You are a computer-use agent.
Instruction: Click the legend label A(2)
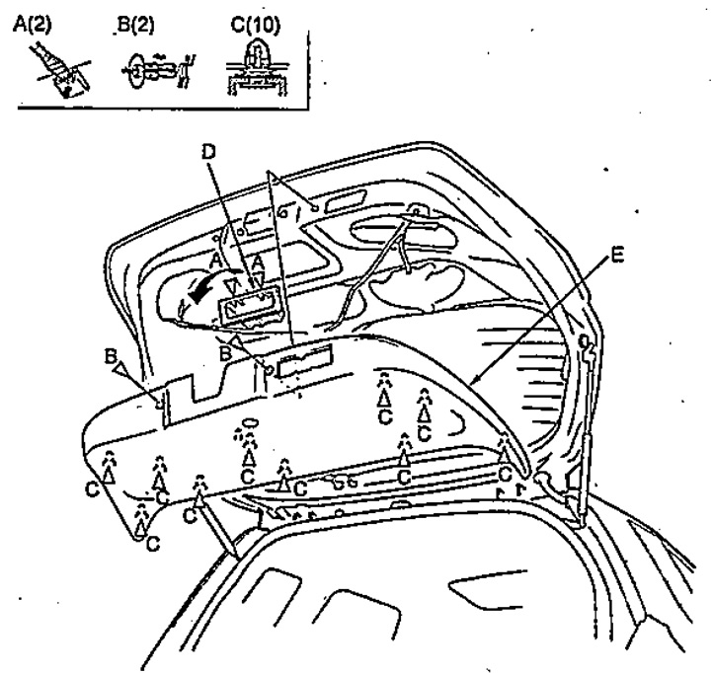coord(33,25)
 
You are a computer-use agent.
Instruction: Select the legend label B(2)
coord(135,25)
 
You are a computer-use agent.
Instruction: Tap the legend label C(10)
coord(255,25)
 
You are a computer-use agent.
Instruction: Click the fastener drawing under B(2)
coord(158,71)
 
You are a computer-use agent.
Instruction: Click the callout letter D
coord(208,153)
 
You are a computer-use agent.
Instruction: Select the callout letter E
coord(616,256)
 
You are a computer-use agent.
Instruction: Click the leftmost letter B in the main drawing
coord(110,356)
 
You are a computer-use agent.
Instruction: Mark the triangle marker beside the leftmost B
coord(121,368)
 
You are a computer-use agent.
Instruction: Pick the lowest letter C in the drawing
coord(153,544)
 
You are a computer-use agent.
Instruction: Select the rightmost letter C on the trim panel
coord(505,474)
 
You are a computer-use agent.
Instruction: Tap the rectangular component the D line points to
coord(248,306)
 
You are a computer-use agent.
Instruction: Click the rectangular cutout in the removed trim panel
coord(305,361)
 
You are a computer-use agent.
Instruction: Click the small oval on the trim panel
coord(250,422)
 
